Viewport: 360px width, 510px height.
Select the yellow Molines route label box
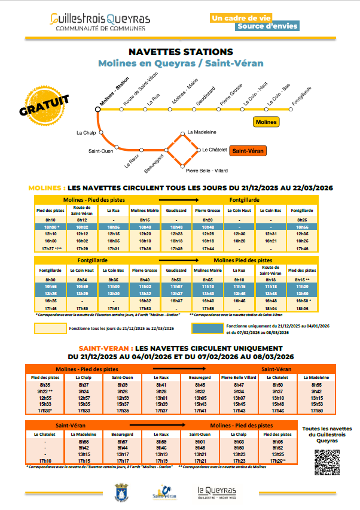tap(266, 122)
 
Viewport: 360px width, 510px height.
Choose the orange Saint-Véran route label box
tap(247, 151)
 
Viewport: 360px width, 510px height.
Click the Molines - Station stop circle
tap(97, 110)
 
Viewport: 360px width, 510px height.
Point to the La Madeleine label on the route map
tap(202, 132)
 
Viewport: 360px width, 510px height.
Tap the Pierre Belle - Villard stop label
tap(204, 171)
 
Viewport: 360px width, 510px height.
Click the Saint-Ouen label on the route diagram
tap(100, 151)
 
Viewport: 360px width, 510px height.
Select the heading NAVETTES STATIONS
tap(181, 52)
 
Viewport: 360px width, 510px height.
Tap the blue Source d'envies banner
tap(266, 26)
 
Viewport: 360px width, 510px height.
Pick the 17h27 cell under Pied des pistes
tap(51, 248)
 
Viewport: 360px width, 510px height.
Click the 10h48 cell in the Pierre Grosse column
tap(208, 227)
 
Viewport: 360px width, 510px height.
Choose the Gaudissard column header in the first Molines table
tap(176, 211)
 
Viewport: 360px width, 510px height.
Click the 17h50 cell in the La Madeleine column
tap(316, 411)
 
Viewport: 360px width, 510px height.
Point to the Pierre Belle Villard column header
tap(239, 378)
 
